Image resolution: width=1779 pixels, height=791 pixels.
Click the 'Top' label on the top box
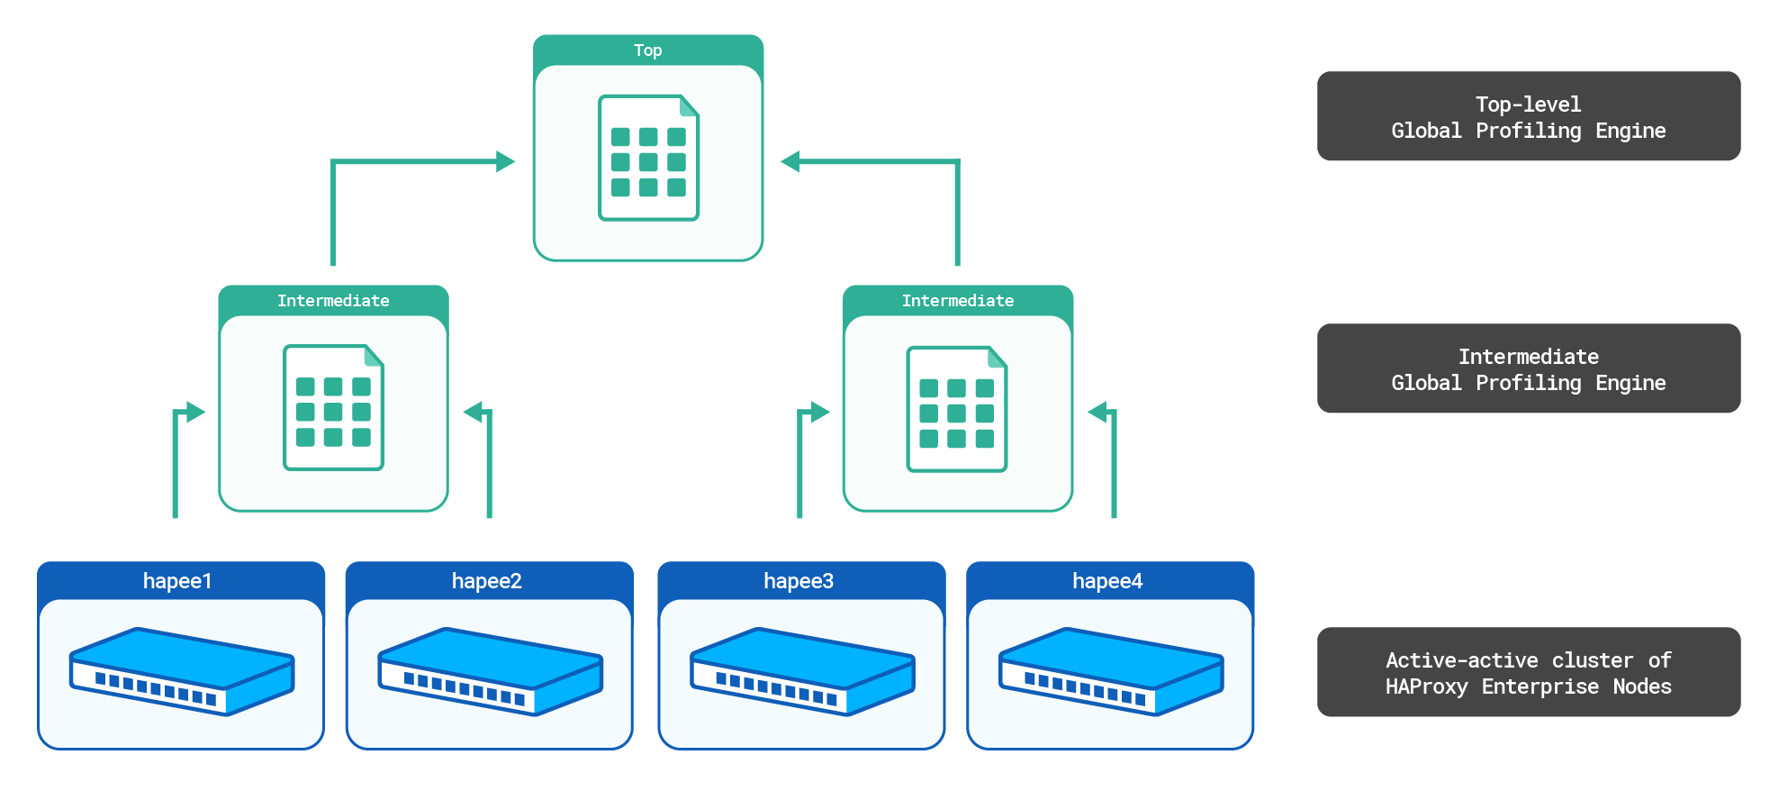tap(647, 50)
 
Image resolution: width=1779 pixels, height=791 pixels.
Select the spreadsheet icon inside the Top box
tap(648, 158)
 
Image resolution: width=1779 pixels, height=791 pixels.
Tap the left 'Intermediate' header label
tap(333, 301)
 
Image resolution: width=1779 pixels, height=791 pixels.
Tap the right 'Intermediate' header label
tap(957, 301)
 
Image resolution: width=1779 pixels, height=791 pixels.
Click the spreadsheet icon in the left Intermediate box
tap(333, 407)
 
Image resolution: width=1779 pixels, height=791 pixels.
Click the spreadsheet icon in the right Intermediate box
tap(956, 409)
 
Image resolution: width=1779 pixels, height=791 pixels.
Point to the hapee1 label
tap(177, 581)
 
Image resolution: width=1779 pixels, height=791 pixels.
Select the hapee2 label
tap(486, 581)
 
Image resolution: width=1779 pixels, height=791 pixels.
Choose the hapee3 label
tap(798, 581)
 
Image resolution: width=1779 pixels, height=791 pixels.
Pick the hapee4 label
tap(1106, 581)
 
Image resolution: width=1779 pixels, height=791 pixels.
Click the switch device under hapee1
tap(182, 671)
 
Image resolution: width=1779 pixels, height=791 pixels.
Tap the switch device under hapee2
tap(491, 671)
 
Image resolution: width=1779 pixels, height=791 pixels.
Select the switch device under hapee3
tap(802, 671)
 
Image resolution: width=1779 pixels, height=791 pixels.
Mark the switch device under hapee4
tap(1111, 671)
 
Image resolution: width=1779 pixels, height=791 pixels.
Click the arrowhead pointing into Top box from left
tap(505, 162)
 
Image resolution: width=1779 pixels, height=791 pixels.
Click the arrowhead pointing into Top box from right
tap(790, 162)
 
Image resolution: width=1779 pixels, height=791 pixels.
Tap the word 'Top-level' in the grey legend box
tap(1527, 105)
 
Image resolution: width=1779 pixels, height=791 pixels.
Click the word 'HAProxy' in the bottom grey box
tap(1426, 686)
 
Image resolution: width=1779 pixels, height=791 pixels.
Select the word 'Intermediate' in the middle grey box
tap(1528, 357)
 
